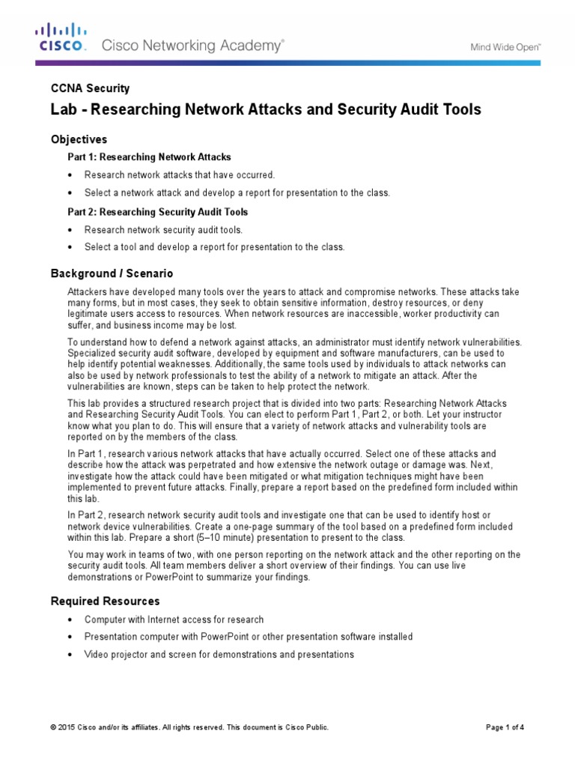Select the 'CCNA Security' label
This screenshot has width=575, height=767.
[90, 88]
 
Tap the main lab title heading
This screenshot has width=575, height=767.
[266, 110]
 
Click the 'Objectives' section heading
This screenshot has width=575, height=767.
[79, 139]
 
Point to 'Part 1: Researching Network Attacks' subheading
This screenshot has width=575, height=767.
[150, 157]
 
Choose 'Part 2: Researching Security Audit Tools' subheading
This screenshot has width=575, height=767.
[158, 212]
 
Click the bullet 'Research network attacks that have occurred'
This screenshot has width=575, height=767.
[180, 175]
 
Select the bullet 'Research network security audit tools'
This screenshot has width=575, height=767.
[163, 230]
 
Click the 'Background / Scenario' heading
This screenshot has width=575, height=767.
[112, 273]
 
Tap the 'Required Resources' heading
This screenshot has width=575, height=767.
[105, 601]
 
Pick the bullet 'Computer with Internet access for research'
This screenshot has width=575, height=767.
[174, 619]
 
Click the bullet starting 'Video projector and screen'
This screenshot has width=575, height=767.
[219, 654]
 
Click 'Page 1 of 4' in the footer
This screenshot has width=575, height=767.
[505, 727]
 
